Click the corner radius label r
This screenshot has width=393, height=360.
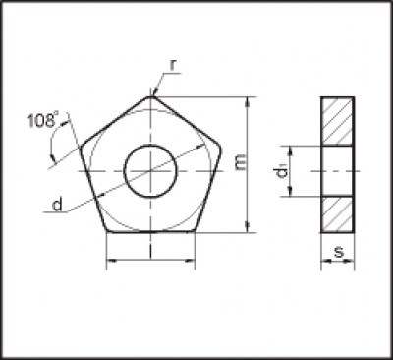[173, 65]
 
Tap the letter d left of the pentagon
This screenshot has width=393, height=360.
[59, 205]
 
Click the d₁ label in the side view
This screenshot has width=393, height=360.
[281, 171]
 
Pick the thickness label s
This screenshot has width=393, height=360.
[338, 253]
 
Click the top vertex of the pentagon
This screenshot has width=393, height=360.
[150, 96]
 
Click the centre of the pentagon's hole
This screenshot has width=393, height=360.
[150, 169]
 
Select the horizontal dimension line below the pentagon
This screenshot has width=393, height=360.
[150, 261]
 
